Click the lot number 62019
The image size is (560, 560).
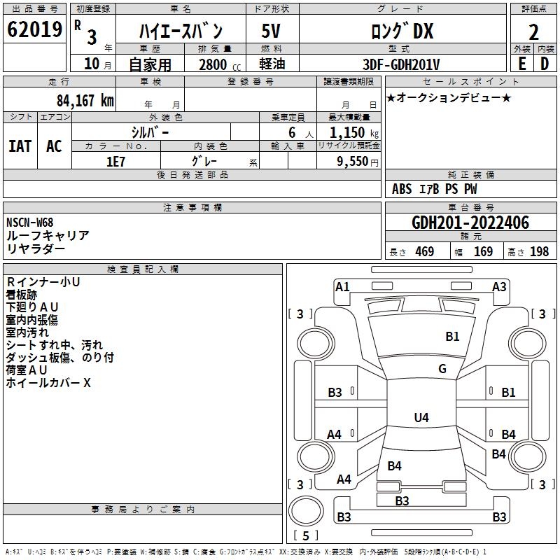[34, 29]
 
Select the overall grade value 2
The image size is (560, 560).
[533, 32]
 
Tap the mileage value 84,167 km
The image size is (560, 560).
[85, 101]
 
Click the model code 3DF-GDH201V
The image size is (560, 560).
[401, 64]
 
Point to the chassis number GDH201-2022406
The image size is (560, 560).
[470, 223]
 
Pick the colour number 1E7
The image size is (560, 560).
[115, 162]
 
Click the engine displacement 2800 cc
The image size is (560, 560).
[220, 64]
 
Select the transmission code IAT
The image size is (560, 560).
[20, 146]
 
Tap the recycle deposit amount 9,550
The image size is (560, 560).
[352, 162]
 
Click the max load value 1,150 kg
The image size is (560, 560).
[354, 133]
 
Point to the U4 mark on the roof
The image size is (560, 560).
[421, 417]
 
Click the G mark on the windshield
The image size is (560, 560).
[442, 369]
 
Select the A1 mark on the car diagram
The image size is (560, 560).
[342, 287]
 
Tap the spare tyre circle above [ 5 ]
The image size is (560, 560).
[306, 511]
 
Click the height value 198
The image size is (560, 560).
[539, 251]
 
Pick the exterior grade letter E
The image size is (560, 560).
[521, 64]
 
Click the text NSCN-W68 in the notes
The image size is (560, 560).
[29, 223]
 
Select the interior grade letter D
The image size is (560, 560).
[545, 64]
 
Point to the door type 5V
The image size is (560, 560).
[271, 31]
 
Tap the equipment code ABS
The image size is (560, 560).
[402, 189]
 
